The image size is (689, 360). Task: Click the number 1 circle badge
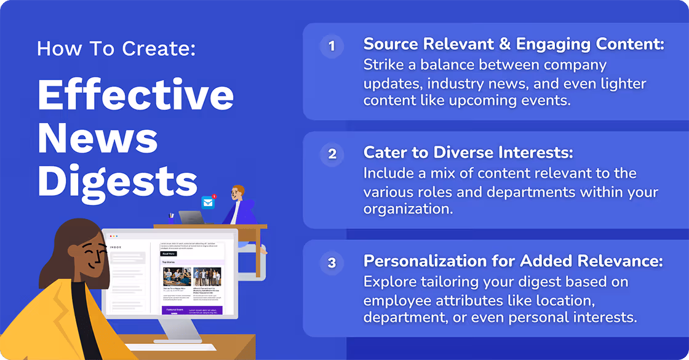click(332, 46)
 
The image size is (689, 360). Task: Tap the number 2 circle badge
click(332, 154)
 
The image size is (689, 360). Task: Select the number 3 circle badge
click(332, 263)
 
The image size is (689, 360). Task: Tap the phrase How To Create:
click(116, 49)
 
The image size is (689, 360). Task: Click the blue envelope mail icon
click(209, 203)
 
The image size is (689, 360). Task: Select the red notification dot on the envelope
click(214, 197)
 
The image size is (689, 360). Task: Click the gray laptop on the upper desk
click(191, 217)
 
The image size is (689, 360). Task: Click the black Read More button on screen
click(169, 254)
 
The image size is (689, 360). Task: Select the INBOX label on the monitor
click(116, 247)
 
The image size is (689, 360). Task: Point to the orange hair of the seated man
click(239, 190)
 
